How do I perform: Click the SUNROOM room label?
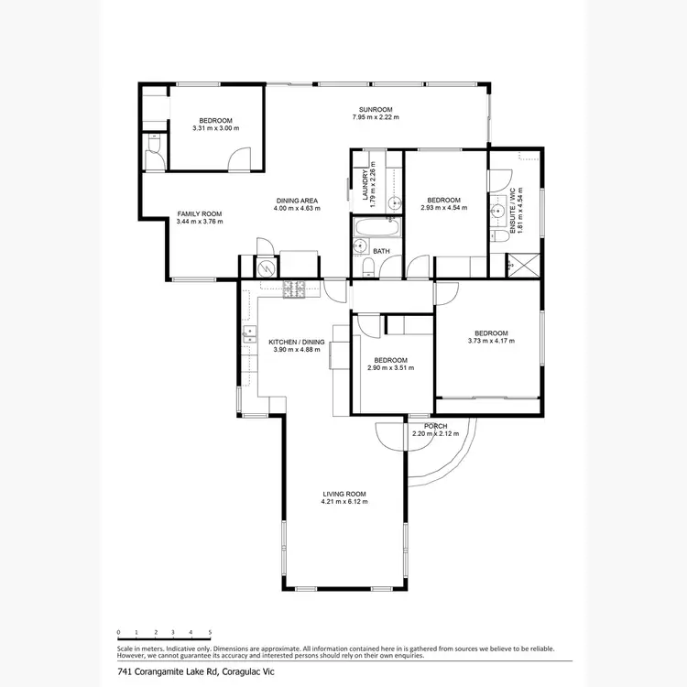coord(376,110)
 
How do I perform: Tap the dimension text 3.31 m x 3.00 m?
coord(213,128)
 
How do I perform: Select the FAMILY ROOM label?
coord(199,213)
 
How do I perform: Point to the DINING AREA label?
coord(296,201)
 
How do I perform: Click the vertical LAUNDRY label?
coord(365,185)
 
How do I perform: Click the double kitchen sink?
coord(247,334)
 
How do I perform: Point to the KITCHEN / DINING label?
coord(296,342)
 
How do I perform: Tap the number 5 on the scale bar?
coord(210,633)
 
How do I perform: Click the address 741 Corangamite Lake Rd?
coord(169,671)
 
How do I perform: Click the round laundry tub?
coord(394,203)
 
